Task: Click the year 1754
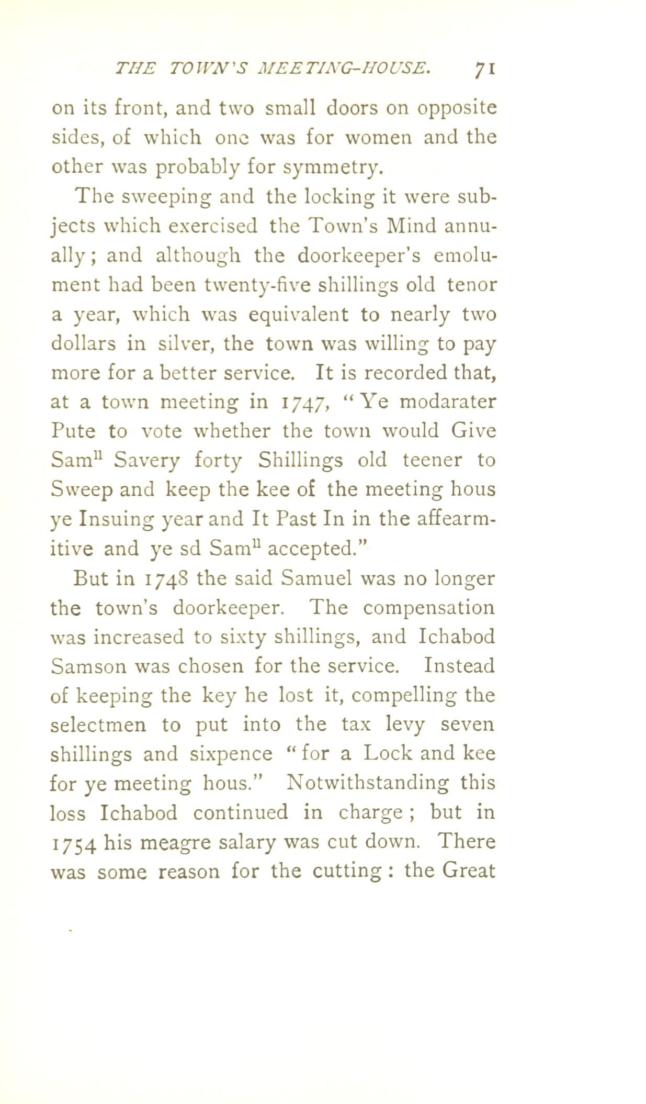coord(73,843)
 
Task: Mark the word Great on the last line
coord(468,871)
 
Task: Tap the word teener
coord(432,460)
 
